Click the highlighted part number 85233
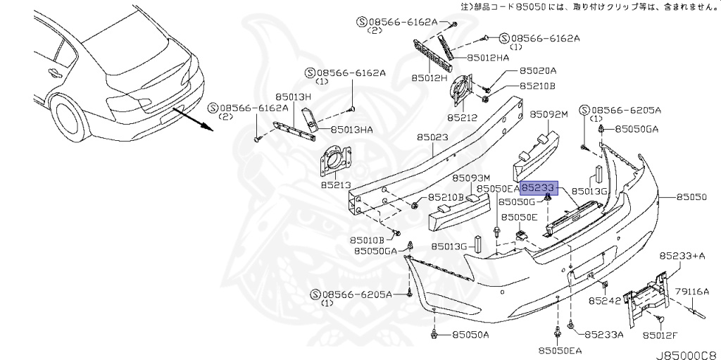point(539,188)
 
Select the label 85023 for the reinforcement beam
point(432,137)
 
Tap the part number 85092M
point(549,114)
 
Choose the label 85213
point(336,185)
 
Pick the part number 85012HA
point(488,58)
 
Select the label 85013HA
point(352,130)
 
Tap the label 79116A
point(694,291)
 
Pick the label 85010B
point(366,240)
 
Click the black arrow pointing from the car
point(193,119)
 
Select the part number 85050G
point(518,201)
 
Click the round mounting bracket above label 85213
point(335,161)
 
